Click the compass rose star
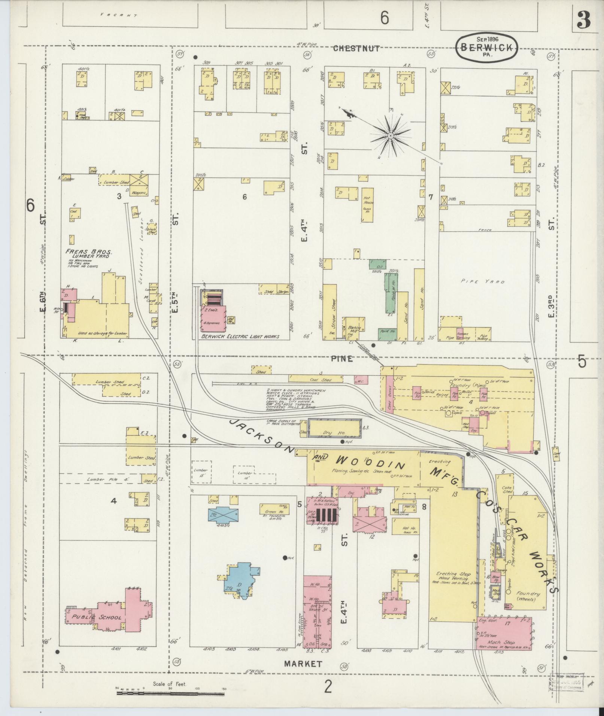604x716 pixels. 390,135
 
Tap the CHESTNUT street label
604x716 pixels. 356,48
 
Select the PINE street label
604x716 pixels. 342,359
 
